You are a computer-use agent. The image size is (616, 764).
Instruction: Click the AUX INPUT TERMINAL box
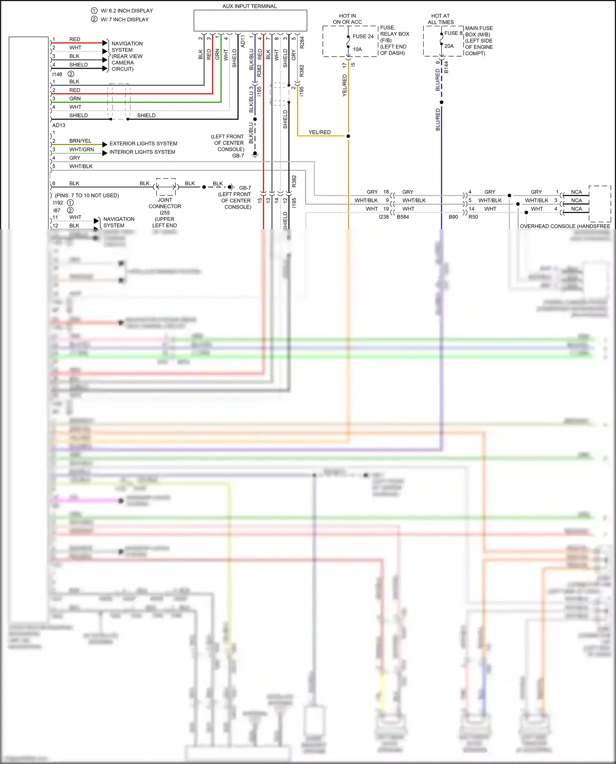coord(250,21)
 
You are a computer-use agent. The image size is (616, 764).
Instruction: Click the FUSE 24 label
coord(363,37)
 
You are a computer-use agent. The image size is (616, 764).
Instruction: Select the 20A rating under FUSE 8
coord(449,46)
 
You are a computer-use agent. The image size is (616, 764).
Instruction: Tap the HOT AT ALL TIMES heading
coord(440,19)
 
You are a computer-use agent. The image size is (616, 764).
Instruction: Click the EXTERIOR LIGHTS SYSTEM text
coord(143,144)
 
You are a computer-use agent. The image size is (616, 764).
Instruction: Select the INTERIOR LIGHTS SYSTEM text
coord(142,152)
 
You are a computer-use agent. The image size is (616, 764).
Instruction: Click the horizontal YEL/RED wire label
coord(319,132)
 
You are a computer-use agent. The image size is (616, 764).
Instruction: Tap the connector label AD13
coord(59,125)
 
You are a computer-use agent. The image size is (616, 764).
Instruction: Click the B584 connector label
coord(402,217)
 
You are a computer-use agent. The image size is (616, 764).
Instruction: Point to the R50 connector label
coord(473,217)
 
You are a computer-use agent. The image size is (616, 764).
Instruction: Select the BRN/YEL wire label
coord(80,141)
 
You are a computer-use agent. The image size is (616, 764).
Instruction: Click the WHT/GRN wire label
coord(81,149)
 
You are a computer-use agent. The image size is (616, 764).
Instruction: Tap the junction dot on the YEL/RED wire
coord(348,136)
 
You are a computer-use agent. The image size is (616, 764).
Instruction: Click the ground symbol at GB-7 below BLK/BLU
coord(255,155)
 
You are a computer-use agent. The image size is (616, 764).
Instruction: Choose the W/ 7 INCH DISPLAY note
coord(125,19)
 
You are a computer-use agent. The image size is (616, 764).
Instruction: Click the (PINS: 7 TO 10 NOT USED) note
coord(87,195)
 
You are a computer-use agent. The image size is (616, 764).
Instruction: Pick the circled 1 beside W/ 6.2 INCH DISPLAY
coord(94,11)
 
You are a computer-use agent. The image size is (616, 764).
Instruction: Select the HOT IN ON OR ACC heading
coord(347,19)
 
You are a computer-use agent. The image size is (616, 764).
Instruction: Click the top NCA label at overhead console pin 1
coord(576,192)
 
